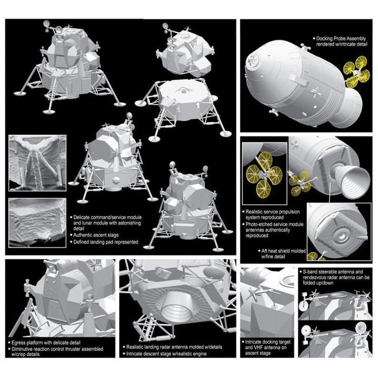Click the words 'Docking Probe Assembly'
click(341, 38)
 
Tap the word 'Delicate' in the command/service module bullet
click(82, 217)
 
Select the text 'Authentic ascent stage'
click(96, 235)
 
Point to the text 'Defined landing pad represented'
click(106, 242)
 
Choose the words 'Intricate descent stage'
click(150, 354)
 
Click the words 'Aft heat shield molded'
click(283, 251)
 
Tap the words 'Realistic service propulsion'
click(272, 212)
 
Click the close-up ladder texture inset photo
click(37, 163)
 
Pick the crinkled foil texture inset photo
click(37, 223)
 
